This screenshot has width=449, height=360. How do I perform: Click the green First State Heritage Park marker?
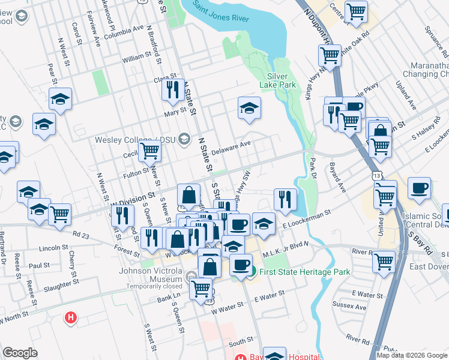[253, 272]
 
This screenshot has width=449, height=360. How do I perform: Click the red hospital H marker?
[71, 317]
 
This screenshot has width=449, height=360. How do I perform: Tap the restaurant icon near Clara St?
[172, 89]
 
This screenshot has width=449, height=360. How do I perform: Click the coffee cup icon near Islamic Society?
[419, 188]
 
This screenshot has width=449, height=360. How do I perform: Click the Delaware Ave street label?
[231, 148]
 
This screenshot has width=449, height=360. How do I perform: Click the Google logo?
[20, 353]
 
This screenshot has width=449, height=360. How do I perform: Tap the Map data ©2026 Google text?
[411, 355]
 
